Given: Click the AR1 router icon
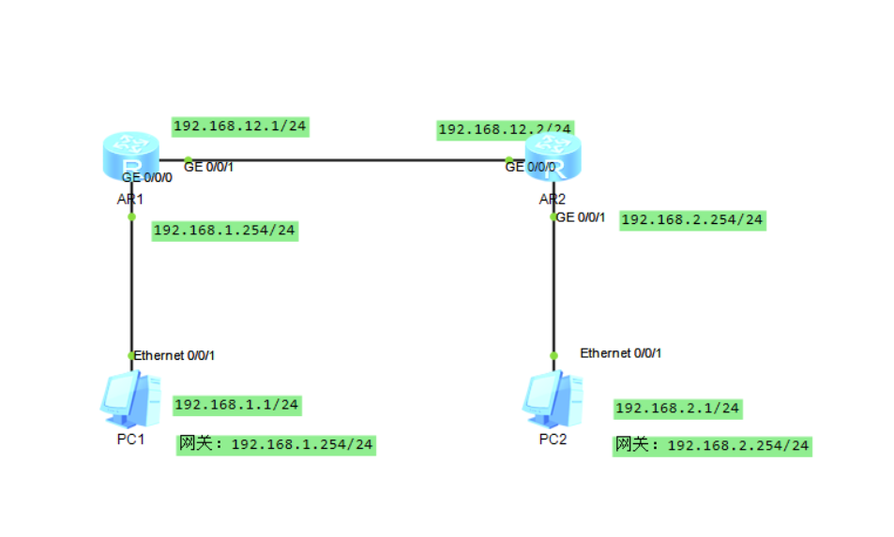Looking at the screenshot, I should tap(131, 155).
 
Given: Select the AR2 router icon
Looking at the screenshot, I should tap(553, 155).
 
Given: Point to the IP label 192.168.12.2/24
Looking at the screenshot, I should tap(505, 129).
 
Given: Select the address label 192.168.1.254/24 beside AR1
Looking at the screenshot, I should tap(224, 231).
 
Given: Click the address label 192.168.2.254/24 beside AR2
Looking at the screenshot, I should tap(692, 220).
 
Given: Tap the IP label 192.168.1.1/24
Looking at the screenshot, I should tap(236, 405).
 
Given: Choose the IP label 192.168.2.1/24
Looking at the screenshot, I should tap(677, 409).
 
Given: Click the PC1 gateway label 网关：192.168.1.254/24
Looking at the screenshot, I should tap(277, 444).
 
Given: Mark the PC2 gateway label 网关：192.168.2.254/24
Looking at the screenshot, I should tap(712, 445).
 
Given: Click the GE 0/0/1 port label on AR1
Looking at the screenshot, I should tap(208, 167).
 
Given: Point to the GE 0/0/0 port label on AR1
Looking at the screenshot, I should tap(147, 176).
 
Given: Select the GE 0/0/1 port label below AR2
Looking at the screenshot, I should tap(582, 217).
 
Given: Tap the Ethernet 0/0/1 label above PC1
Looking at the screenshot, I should tap(174, 355).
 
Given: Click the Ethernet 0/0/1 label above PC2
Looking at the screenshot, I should tap(621, 353).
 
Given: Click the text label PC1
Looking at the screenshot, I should tap(130, 439).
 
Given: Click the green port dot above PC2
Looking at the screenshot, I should tap(553, 356).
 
